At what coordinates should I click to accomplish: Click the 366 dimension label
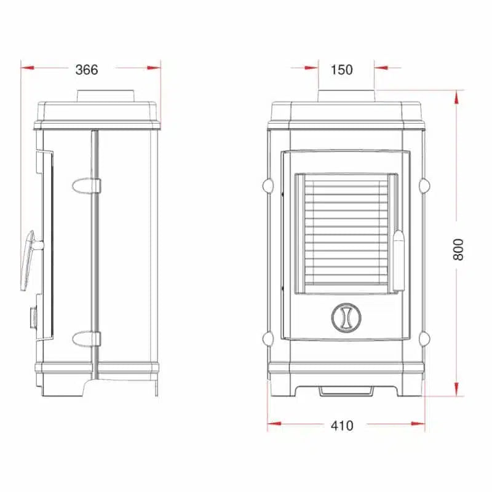[x=87, y=69]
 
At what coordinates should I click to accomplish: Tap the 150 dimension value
[x=342, y=69]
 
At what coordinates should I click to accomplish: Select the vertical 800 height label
[x=458, y=248]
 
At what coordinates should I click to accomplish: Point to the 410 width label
[x=342, y=425]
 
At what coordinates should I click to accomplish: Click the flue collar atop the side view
[x=106, y=96]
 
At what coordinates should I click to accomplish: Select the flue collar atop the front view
[x=346, y=96]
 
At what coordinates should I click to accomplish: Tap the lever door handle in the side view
[x=30, y=258]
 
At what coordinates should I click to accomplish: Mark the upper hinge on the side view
[x=87, y=184]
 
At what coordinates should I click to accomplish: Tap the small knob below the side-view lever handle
[x=33, y=316]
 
